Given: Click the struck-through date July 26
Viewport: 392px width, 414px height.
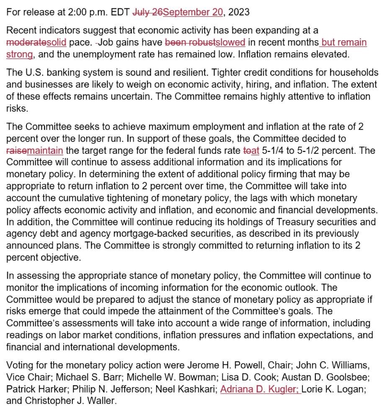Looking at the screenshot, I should [x=147, y=12].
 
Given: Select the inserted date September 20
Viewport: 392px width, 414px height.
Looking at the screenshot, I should [x=193, y=12].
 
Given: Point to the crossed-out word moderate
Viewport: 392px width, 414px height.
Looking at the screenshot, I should [x=26, y=43].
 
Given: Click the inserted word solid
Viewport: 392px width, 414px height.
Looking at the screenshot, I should [x=57, y=43].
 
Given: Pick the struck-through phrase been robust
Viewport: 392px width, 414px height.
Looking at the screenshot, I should [x=190, y=43].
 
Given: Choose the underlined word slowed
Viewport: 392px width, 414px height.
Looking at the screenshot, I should [x=230, y=43].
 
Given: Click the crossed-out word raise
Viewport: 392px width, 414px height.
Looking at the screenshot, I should [x=15, y=150].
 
